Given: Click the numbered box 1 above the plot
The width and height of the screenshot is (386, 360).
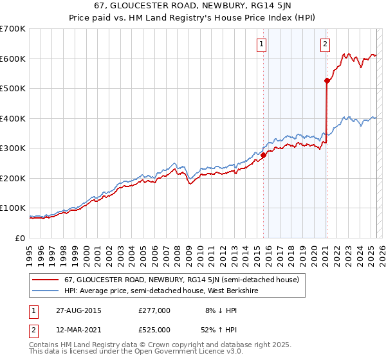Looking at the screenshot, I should (x=262, y=44).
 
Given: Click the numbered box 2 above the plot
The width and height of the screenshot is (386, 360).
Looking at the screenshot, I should (x=326, y=44).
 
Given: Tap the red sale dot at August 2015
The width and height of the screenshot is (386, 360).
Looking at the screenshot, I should (x=263, y=155).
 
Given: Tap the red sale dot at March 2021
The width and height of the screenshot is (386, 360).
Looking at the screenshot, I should (x=327, y=80).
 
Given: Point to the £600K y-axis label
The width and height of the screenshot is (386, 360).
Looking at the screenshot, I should (x=13, y=59).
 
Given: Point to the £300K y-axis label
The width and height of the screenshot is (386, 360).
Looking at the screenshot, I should (x=13, y=148).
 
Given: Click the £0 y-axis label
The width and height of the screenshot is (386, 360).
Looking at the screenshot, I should (x=20, y=238).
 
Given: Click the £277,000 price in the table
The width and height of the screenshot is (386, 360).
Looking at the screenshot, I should (x=154, y=310).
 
